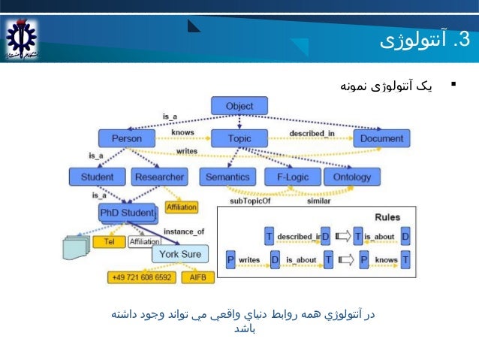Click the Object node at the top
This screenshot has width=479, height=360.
tap(239, 106)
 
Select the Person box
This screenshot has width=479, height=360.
tap(126, 139)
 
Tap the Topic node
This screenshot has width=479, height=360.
tap(239, 139)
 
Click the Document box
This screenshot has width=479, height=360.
tap(381, 139)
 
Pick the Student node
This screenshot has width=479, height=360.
tap(98, 177)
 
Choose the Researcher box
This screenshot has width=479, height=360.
tap(159, 177)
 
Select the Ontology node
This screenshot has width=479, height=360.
tap(352, 177)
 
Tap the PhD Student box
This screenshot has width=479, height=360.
tap(127, 213)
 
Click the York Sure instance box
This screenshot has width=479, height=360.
tap(180, 254)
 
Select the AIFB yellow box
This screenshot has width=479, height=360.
tap(198, 277)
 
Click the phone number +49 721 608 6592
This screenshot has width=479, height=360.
tap(142, 277)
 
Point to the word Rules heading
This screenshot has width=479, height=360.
tap(387, 217)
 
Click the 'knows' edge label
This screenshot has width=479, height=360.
tap(182, 132)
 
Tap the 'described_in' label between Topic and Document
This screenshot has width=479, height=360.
tap(312, 134)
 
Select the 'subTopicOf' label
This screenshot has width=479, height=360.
tap(250, 201)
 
